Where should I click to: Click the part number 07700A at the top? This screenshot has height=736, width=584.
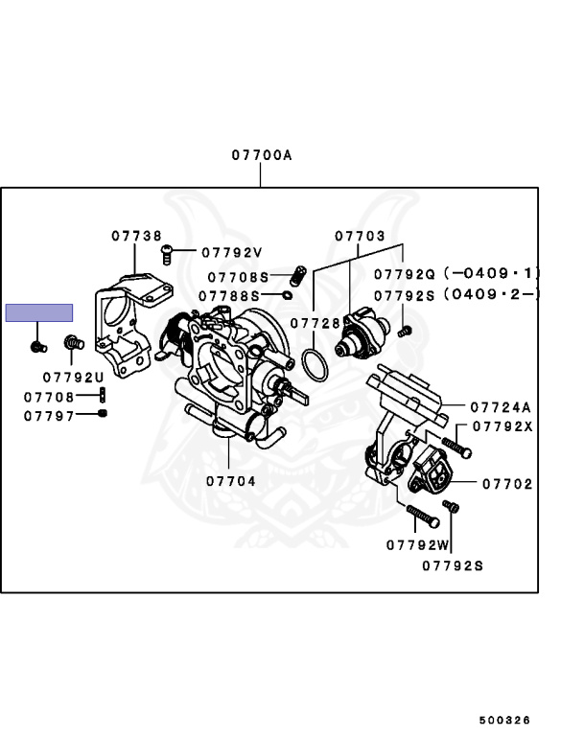(x=260, y=154)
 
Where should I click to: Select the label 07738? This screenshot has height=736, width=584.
(x=135, y=235)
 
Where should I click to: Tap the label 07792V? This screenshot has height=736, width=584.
(x=231, y=253)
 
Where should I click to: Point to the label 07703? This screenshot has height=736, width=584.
(x=360, y=236)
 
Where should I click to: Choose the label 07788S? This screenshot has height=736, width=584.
(x=229, y=296)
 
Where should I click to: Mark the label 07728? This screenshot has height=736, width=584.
(x=315, y=324)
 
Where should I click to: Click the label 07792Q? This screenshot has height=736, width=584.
(x=406, y=273)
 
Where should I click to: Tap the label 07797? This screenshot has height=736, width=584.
(x=49, y=416)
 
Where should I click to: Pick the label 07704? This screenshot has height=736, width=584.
(x=230, y=481)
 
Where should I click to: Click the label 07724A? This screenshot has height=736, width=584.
(x=500, y=406)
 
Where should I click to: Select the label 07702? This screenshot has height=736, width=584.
(x=507, y=485)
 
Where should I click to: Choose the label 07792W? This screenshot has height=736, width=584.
(x=418, y=545)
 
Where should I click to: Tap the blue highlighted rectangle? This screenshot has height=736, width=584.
(x=39, y=312)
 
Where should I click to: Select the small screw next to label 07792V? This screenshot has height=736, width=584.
(x=166, y=253)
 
